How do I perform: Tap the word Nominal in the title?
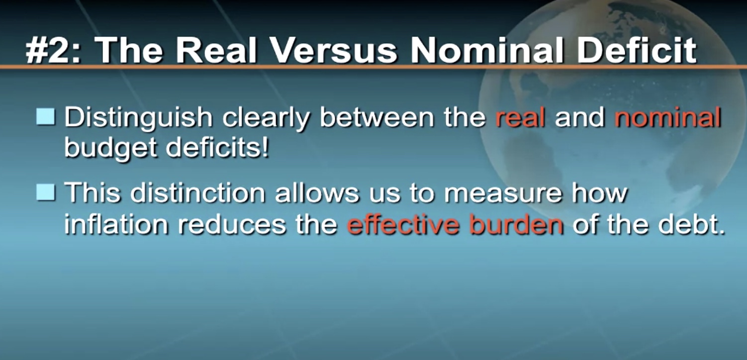[x=487, y=50]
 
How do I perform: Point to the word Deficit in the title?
[x=637, y=50]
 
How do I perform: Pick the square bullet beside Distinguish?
[x=46, y=117]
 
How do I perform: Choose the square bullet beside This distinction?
[x=46, y=192]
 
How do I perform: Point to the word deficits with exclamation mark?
[x=217, y=147]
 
